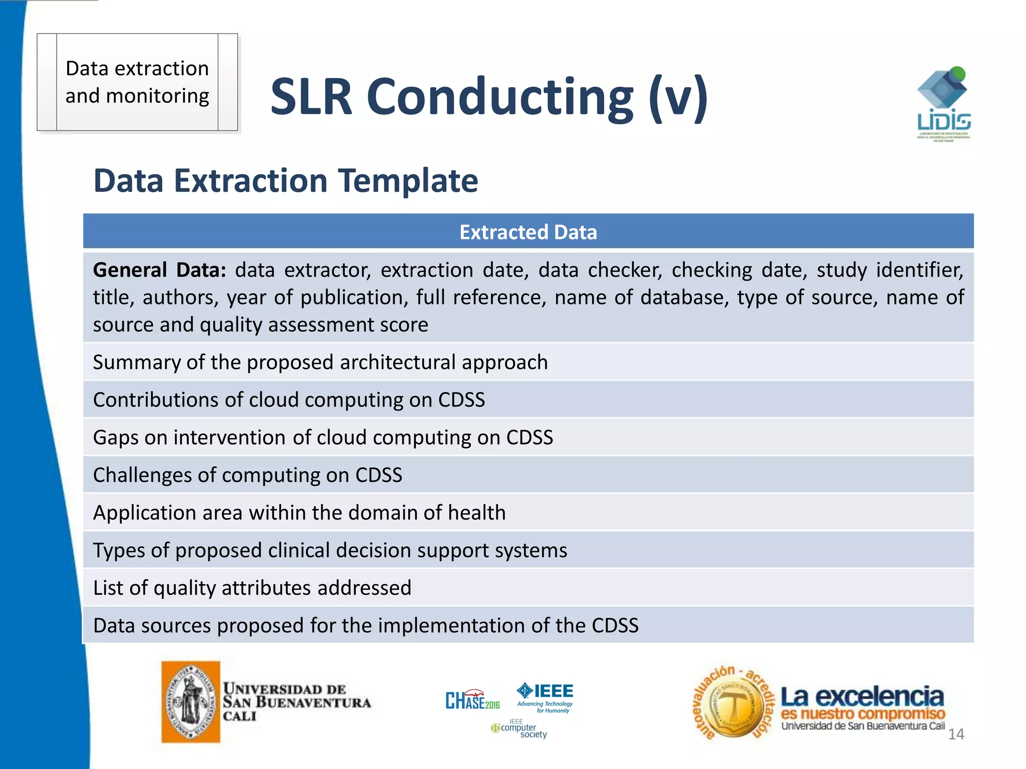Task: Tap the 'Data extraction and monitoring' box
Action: pos(137,82)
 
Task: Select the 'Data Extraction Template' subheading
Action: pos(286,181)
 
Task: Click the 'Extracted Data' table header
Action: pos(528,232)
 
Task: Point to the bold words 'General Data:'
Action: pos(159,270)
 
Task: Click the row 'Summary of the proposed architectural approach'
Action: pos(320,362)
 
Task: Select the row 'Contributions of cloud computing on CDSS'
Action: pos(289,400)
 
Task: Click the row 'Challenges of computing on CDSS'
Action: pos(247,475)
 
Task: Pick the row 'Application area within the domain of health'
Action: pos(299,513)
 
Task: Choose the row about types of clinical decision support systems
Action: pos(330,550)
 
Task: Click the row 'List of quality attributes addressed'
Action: pos(252,588)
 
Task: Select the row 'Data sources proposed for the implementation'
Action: pos(366,625)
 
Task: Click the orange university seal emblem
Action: pos(191,701)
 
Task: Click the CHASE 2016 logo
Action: pos(472,700)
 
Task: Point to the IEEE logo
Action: pos(546,696)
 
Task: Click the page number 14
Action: pos(956,734)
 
